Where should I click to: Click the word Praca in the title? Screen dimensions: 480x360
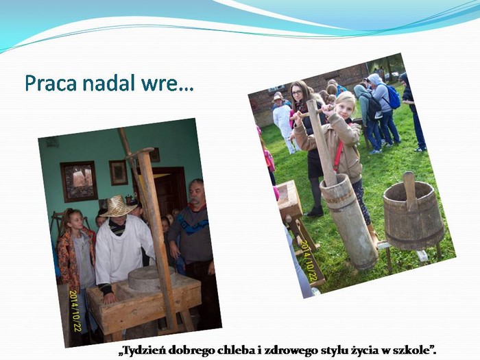51,83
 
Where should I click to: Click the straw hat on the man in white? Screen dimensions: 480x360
118,206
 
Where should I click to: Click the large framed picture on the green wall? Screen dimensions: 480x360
79,181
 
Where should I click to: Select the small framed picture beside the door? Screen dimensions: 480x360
118,173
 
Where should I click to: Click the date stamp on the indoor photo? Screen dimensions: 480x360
75,311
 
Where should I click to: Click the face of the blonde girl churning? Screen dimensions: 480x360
344,108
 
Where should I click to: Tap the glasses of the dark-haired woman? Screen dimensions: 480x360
296,92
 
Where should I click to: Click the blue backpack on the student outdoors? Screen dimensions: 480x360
392,97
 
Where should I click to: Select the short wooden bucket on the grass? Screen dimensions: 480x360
413,214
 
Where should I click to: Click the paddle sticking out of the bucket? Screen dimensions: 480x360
409,190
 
